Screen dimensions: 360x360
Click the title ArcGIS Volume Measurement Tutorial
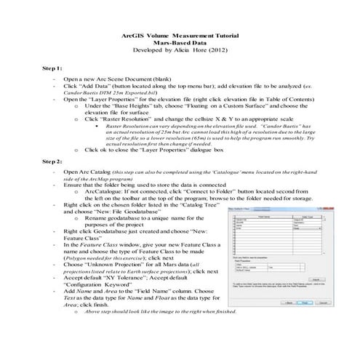pos(180,35)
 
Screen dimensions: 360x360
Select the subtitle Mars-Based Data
pos(180,43)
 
